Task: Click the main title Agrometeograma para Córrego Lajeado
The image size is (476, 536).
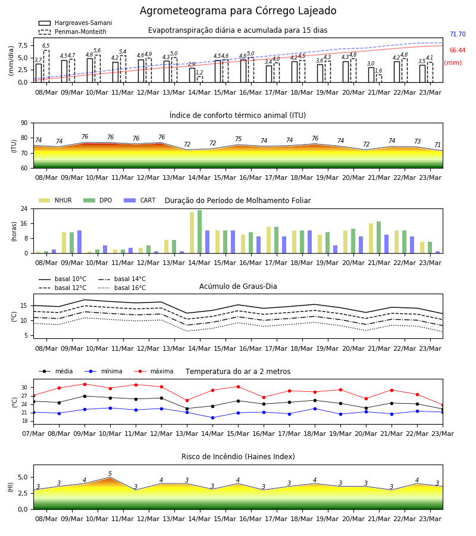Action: [x=238, y=11]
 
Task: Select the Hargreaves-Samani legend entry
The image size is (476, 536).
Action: [x=75, y=23]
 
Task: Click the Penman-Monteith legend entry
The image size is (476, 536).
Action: [x=73, y=32]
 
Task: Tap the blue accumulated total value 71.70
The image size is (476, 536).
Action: [x=458, y=34]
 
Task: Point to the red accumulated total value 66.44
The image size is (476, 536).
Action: [x=458, y=50]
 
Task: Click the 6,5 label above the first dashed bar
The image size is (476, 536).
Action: [x=46, y=45]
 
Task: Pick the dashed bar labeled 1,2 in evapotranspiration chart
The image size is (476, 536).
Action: [x=200, y=79]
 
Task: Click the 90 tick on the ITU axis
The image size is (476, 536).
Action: [x=24, y=123]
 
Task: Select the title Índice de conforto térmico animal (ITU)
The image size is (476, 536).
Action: [x=237, y=115]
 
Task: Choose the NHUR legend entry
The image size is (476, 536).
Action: [x=55, y=200]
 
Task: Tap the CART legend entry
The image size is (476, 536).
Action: [x=140, y=200]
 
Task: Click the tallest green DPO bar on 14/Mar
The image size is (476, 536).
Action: [x=200, y=232]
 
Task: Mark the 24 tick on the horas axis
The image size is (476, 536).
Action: [x=24, y=208]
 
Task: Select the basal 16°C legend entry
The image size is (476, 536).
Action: [x=122, y=288]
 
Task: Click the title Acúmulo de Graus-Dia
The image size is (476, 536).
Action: [x=238, y=286]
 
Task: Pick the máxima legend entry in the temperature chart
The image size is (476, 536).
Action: [x=154, y=371]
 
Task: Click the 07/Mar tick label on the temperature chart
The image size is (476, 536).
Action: [x=33, y=434]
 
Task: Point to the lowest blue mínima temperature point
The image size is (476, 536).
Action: [x=213, y=417]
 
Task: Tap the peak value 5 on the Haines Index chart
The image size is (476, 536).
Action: [x=110, y=474]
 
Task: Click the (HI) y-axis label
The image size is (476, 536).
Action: [x=10, y=487]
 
